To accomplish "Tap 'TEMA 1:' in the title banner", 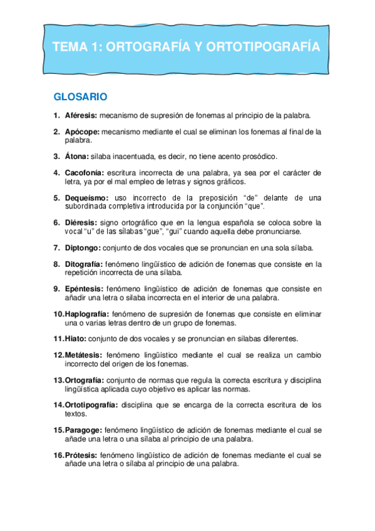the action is [74, 47].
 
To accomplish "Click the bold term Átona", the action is [76, 156].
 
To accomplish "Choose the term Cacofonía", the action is [85, 173].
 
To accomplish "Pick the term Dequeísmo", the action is [86, 197].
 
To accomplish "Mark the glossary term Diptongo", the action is [83, 247].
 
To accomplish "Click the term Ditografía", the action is [85, 264].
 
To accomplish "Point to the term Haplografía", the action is [87, 314].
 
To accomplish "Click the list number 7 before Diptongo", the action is [56, 247].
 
